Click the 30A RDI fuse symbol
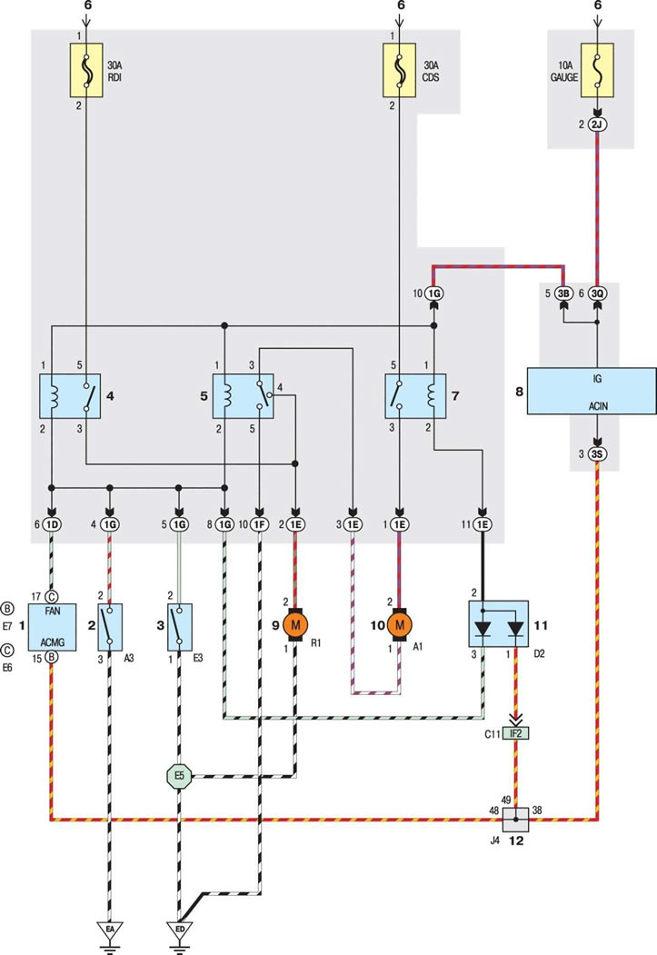click(85, 70)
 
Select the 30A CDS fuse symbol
click(400, 70)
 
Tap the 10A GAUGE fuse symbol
click(597, 70)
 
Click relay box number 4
click(70, 396)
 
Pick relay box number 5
click(243, 396)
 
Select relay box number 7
click(415, 396)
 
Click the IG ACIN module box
click(592, 391)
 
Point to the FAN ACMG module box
click(53, 627)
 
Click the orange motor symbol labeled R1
click(296, 624)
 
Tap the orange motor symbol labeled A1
click(400, 624)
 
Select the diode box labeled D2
click(498, 624)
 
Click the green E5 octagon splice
click(179, 776)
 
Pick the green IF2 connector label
click(516, 734)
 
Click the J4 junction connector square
click(516, 820)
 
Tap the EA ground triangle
click(110, 930)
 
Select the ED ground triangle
click(180, 930)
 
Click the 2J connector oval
click(597, 124)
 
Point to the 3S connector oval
click(597, 453)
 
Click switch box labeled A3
click(110, 627)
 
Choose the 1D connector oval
click(52, 524)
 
